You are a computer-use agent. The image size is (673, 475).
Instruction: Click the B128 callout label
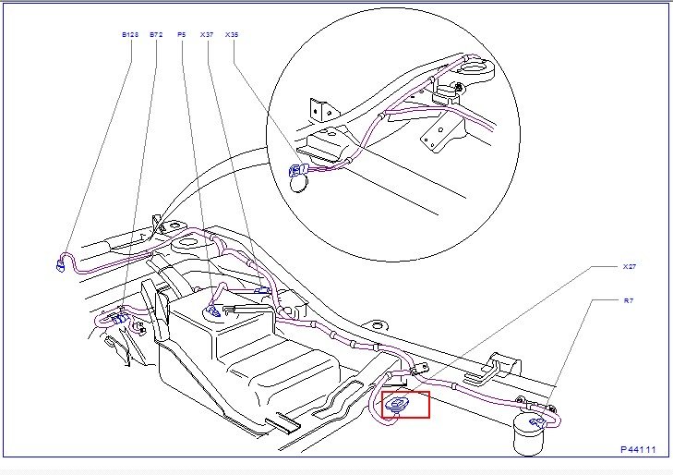[129, 34]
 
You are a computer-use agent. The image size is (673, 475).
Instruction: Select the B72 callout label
[155, 34]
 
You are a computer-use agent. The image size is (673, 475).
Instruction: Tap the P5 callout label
[181, 34]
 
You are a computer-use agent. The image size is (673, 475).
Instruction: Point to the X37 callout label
[206, 34]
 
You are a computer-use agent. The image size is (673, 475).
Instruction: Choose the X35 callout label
[232, 34]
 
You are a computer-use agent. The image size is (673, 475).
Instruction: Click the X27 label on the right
[630, 266]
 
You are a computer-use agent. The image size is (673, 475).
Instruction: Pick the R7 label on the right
[628, 300]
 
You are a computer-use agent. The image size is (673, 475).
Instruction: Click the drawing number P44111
[638, 449]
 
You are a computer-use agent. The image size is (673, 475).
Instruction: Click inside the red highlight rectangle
[405, 404]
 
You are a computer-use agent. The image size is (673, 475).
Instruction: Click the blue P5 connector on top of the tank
[213, 311]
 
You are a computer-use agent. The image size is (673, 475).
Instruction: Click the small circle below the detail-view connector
[301, 184]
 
